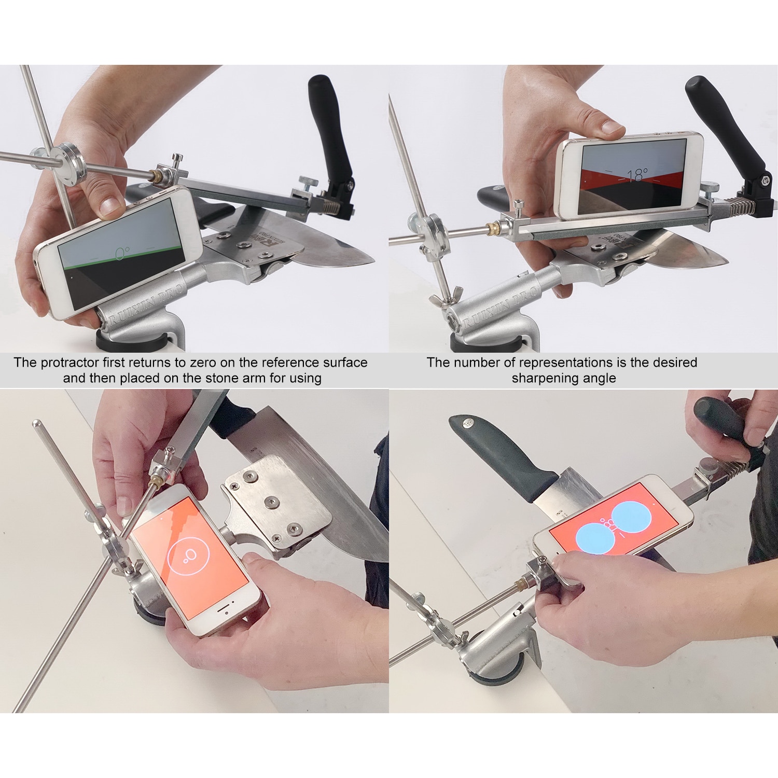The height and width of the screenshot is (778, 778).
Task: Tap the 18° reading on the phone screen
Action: coord(637,176)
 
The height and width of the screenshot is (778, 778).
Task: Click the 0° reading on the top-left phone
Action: coord(122,253)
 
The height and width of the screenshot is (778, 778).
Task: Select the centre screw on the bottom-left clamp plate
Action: coord(270,501)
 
